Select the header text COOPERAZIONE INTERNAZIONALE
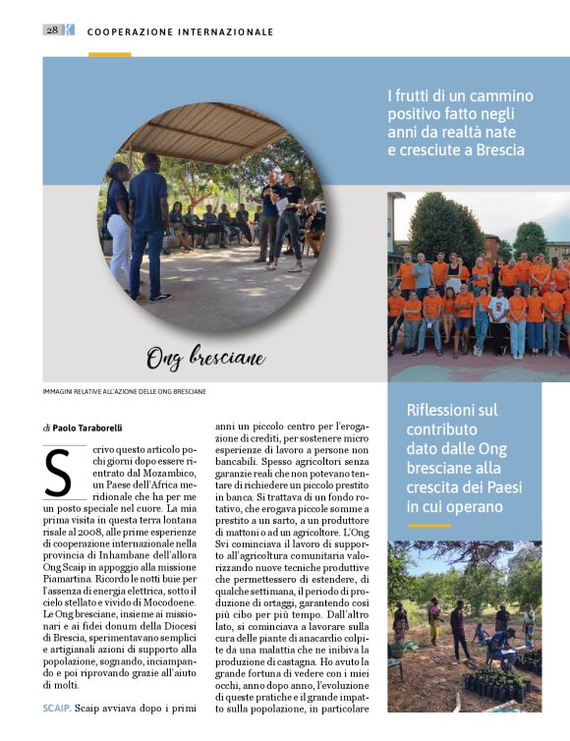click(x=180, y=31)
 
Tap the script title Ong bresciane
click(x=205, y=358)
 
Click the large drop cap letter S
click(x=59, y=472)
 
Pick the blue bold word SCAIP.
click(x=55, y=707)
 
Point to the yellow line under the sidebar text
click(x=428, y=526)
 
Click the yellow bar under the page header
click(x=109, y=54)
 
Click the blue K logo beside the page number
click(x=68, y=30)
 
